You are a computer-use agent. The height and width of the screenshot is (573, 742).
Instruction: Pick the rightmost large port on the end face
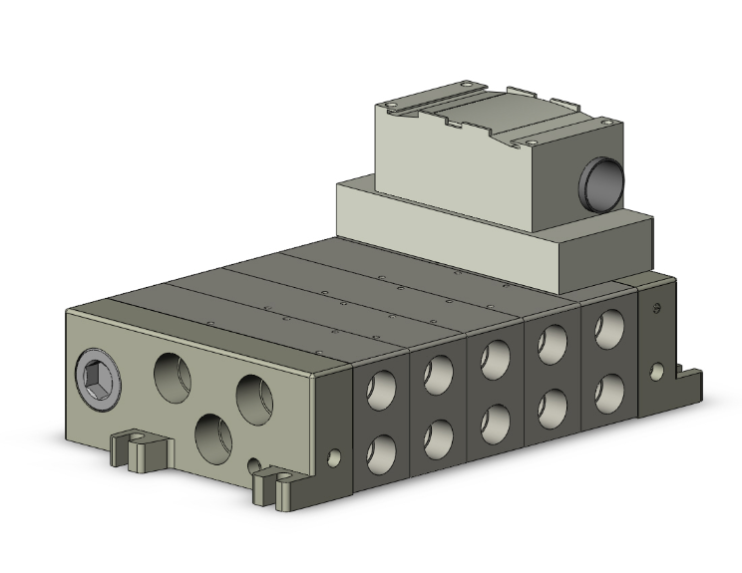(254, 397)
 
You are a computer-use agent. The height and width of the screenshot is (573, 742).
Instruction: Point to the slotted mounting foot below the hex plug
(140, 447)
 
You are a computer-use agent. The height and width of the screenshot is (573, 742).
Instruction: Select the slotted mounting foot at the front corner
(276, 484)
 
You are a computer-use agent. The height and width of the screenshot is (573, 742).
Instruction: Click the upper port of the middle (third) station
(494, 359)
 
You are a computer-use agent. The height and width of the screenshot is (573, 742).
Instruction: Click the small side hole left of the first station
(333, 459)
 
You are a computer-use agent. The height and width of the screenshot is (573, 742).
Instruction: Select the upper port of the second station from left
(437, 375)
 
